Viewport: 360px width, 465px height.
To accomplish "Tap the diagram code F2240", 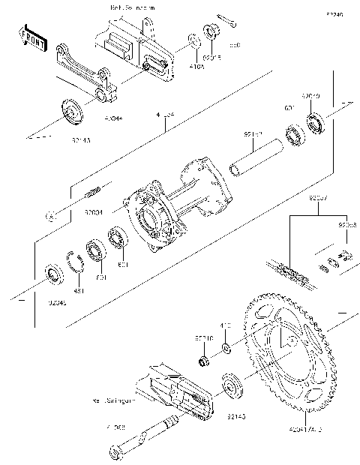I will (x=335, y=14).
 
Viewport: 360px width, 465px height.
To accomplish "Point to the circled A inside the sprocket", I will (x=285, y=340).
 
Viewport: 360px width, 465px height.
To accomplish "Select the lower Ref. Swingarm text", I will (x=115, y=401).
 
